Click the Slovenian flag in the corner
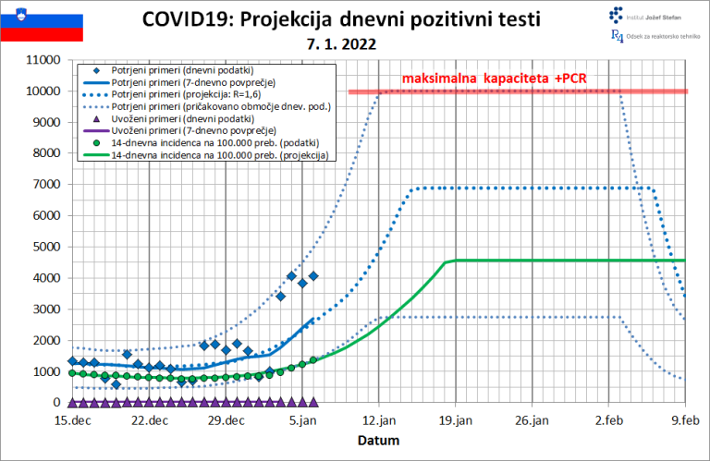click(x=42, y=28)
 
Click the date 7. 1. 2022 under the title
click(x=342, y=42)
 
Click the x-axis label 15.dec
click(x=72, y=421)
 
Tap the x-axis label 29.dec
click(x=226, y=421)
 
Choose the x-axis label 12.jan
click(x=379, y=421)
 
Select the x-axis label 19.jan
click(x=456, y=421)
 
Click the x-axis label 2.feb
click(x=609, y=421)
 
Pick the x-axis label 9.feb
click(x=685, y=421)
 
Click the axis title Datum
click(x=379, y=441)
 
